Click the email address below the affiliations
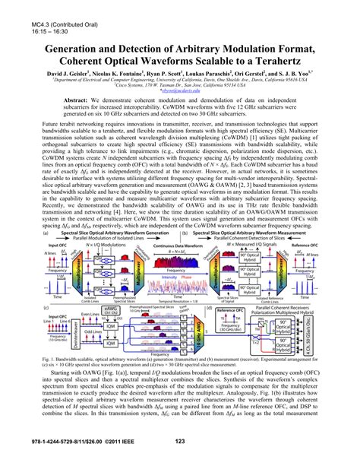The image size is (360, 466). pos(179,97)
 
